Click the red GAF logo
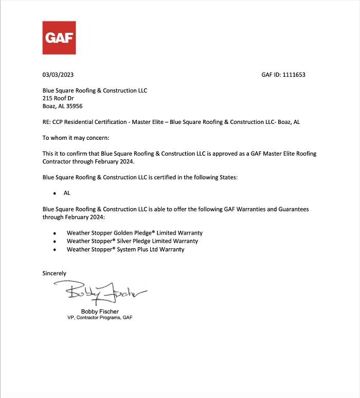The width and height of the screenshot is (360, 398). (x=59, y=38)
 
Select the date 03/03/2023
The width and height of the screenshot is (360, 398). (x=58, y=75)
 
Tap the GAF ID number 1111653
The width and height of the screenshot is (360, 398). (x=294, y=75)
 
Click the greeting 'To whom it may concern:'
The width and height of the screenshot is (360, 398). (x=76, y=138)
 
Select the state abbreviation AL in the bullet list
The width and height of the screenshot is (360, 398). (x=67, y=193)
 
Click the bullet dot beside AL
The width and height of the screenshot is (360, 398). (x=55, y=194)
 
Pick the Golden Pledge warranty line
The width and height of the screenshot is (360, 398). (x=134, y=233)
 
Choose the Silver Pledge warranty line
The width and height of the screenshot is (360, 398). (x=132, y=241)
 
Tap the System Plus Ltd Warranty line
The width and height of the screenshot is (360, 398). (x=125, y=249)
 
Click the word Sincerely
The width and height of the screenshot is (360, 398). (x=54, y=274)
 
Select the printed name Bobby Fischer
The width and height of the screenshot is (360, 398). (x=100, y=312)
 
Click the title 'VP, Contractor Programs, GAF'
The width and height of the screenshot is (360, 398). (x=100, y=318)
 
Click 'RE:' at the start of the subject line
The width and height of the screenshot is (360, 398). (x=47, y=122)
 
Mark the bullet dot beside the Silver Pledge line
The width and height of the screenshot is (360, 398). (x=55, y=242)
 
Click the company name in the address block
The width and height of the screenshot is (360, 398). (x=95, y=91)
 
